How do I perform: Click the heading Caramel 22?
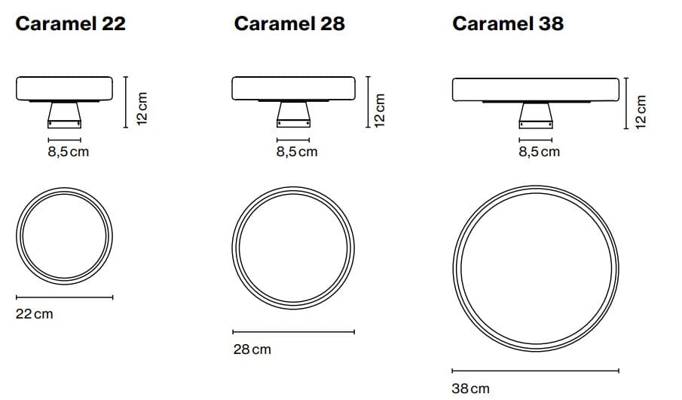click(x=70, y=23)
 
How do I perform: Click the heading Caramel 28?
click(x=289, y=23)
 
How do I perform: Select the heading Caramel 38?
click(x=507, y=23)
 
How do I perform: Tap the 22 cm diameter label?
click(x=35, y=313)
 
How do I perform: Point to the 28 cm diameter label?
click(x=252, y=349)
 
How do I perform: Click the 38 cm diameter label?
click(x=470, y=389)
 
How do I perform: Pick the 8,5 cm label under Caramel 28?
click(x=296, y=152)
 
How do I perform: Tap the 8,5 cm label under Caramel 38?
click(x=539, y=152)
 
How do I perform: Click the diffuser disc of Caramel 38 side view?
click(x=535, y=88)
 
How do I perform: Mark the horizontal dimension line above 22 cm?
click(x=64, y=297)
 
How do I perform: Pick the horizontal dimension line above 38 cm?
click(x=535, y=371)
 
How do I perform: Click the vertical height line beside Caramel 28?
click(x=367, y=101)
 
